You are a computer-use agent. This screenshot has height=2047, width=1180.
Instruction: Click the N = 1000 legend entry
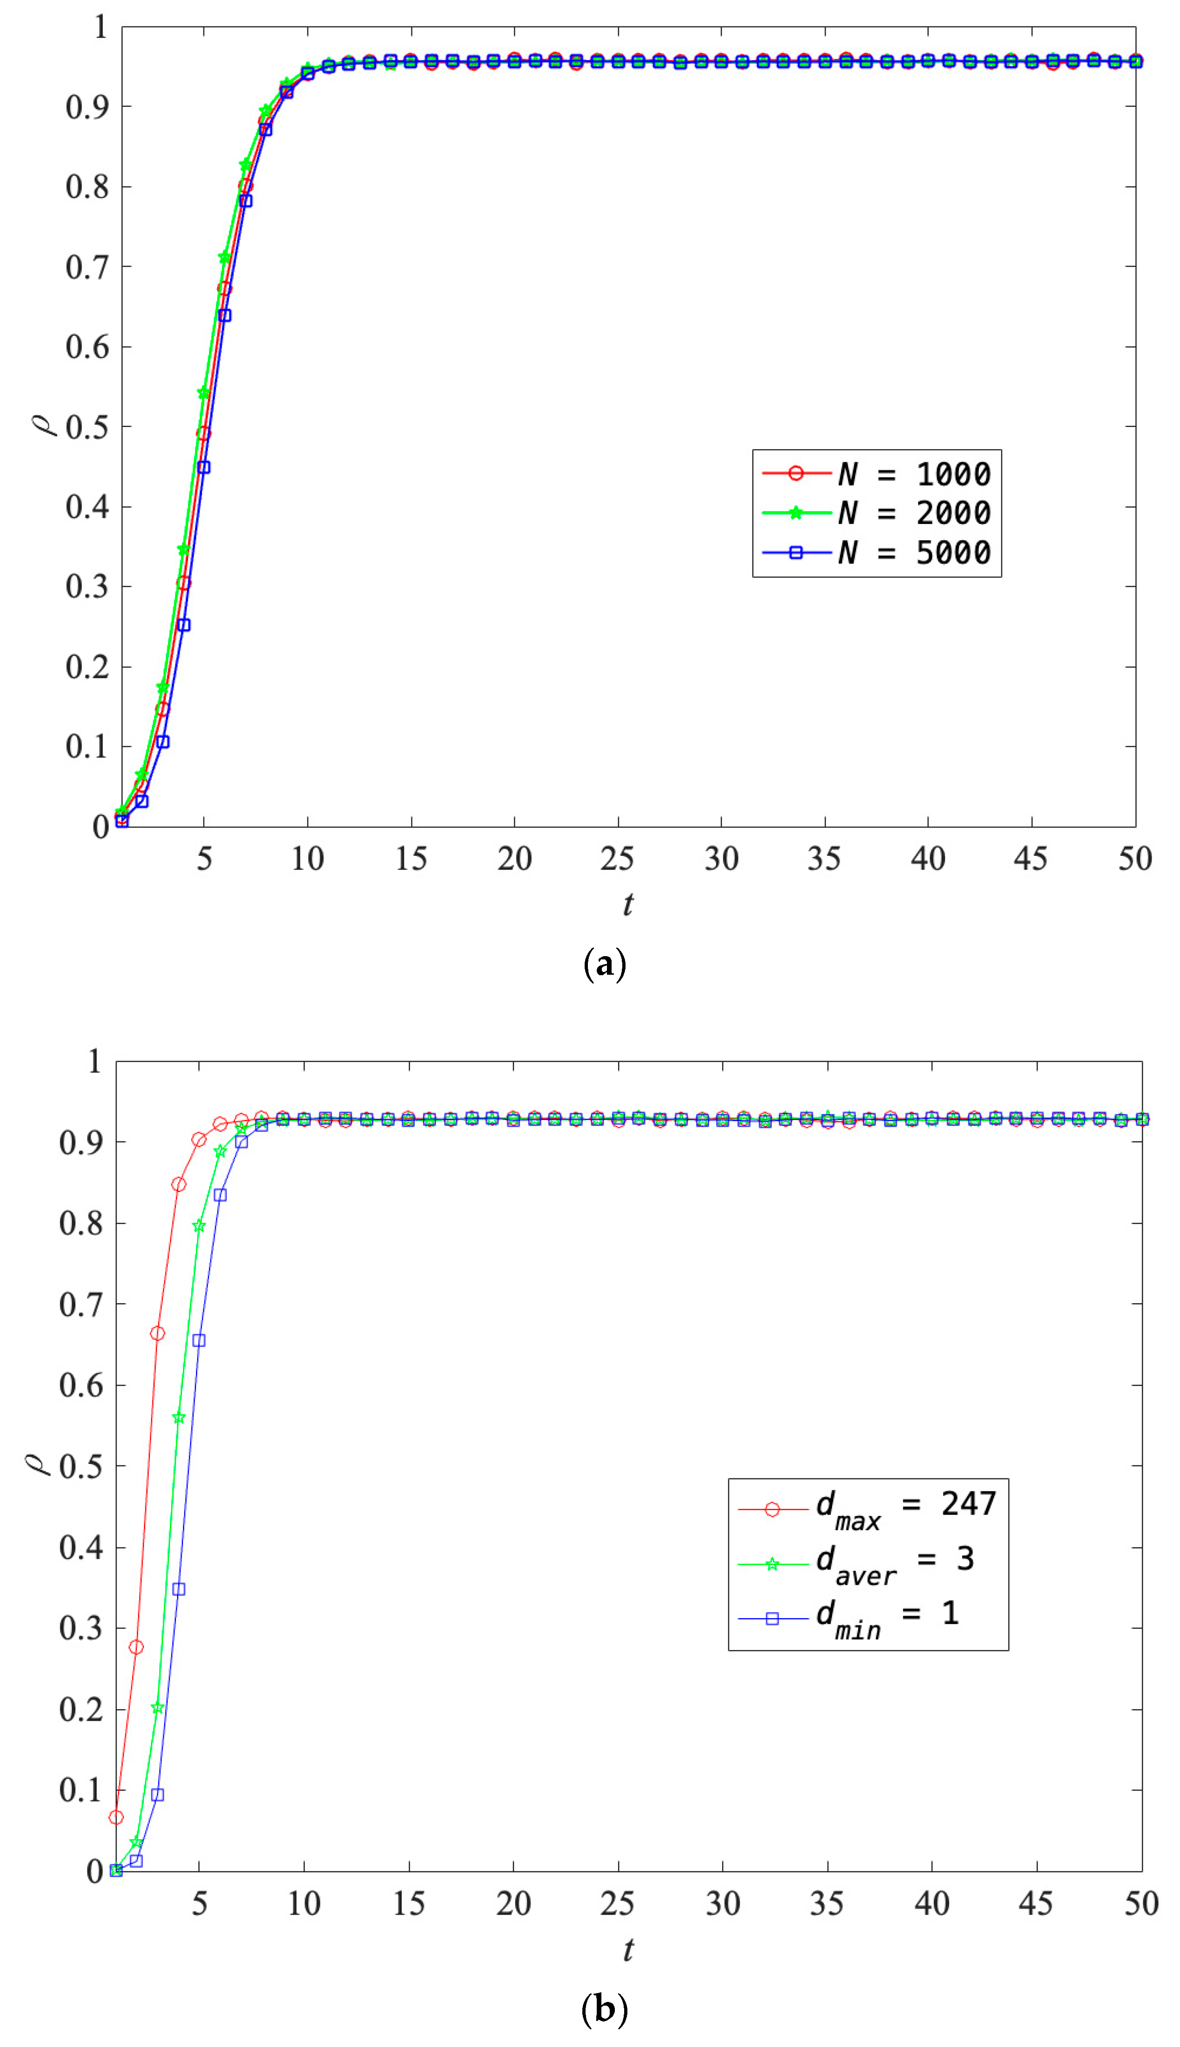click(877, 473)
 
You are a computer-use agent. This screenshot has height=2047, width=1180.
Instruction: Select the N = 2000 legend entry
click(877, 512)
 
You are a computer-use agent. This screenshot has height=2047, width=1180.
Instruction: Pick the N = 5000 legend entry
click(877, 552)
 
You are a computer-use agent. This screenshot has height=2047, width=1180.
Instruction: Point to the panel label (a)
click(605, 964)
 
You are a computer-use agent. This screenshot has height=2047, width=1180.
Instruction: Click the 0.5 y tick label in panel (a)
click(87, 427)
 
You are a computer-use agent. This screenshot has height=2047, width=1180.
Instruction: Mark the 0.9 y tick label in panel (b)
click(81, 1142)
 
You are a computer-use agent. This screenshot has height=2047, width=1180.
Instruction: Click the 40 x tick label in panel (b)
click(931, 1903)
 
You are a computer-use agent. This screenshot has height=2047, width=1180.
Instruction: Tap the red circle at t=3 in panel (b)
click(157, 1333)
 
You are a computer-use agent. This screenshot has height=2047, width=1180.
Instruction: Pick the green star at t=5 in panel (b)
click(199, 1226)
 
